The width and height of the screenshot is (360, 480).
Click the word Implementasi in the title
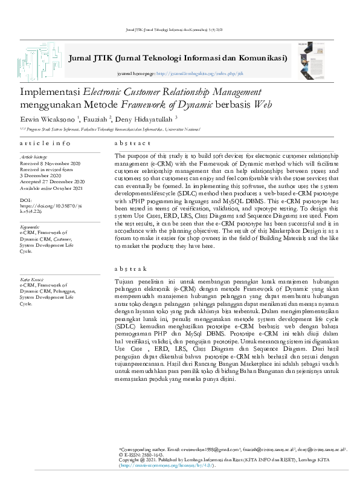point(49,91)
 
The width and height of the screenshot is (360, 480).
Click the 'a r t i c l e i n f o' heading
point(44,143)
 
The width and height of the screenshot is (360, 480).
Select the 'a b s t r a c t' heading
point(132,143)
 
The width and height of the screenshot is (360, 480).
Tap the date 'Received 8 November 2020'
point(50,163)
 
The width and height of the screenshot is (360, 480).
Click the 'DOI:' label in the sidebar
point(25,199)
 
